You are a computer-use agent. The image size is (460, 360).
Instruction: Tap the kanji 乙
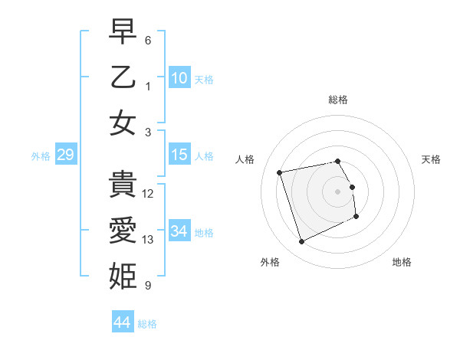(123, 78)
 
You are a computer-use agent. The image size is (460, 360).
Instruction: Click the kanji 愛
(123, 231)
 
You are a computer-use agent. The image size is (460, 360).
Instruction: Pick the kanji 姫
(123, 275)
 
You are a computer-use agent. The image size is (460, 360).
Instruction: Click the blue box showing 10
(179, 78)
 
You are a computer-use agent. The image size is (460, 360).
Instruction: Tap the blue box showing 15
(179, 155)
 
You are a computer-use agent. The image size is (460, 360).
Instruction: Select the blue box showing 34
(179, 231)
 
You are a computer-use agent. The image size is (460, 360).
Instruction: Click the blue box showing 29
(65, 155)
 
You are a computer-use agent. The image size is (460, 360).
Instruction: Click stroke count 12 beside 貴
(148, 194)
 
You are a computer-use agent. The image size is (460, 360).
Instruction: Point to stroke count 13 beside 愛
(148, 240)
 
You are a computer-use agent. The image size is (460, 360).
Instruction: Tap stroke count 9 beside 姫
(148, 286)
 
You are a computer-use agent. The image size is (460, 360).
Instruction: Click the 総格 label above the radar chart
(338, 100)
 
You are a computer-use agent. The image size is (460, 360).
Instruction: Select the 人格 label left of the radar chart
(245, 159)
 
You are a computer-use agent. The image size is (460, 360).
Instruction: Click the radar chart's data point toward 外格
(301, 242)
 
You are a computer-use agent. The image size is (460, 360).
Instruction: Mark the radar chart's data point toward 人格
(280, 172)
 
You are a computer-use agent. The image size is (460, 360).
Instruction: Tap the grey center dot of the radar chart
(338, 191)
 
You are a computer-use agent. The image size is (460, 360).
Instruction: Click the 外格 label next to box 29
(41, 156)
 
